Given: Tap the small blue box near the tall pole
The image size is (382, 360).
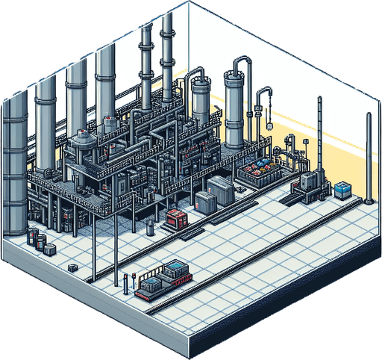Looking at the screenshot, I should (x=342, y=190).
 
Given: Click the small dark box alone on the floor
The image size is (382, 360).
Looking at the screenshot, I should (x=71, y=267).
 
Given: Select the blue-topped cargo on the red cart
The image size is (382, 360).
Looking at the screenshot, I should (x=176, y=269).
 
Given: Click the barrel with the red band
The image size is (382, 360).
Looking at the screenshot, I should (x=33, y=237).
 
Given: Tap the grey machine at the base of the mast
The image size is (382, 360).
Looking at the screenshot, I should (x=307, y=184).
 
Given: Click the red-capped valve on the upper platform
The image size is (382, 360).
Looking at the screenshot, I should (x=110, y=120).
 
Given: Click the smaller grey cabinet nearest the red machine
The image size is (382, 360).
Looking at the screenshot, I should (x=204, y=202).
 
